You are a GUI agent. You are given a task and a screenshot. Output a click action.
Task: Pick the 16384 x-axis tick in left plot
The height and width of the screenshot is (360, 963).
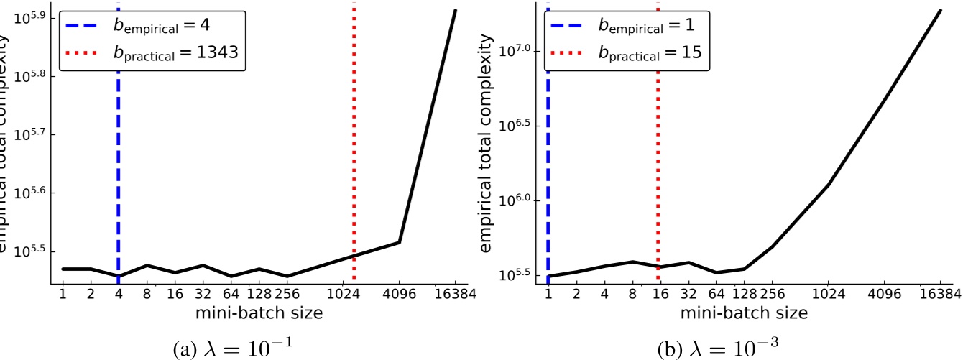coord(456,295)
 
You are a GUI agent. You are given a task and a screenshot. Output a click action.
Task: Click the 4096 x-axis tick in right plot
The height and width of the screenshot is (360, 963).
coord(885,295)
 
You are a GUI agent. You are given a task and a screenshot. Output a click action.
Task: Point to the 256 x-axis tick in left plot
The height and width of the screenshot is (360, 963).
coord(287,295)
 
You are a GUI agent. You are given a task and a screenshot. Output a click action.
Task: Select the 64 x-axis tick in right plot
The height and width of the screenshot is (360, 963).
coord(716,295)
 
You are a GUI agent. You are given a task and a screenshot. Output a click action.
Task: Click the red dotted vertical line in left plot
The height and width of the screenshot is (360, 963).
coord(354,180)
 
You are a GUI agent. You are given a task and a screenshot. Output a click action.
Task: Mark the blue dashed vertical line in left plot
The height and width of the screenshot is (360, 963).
coord(119,180)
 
